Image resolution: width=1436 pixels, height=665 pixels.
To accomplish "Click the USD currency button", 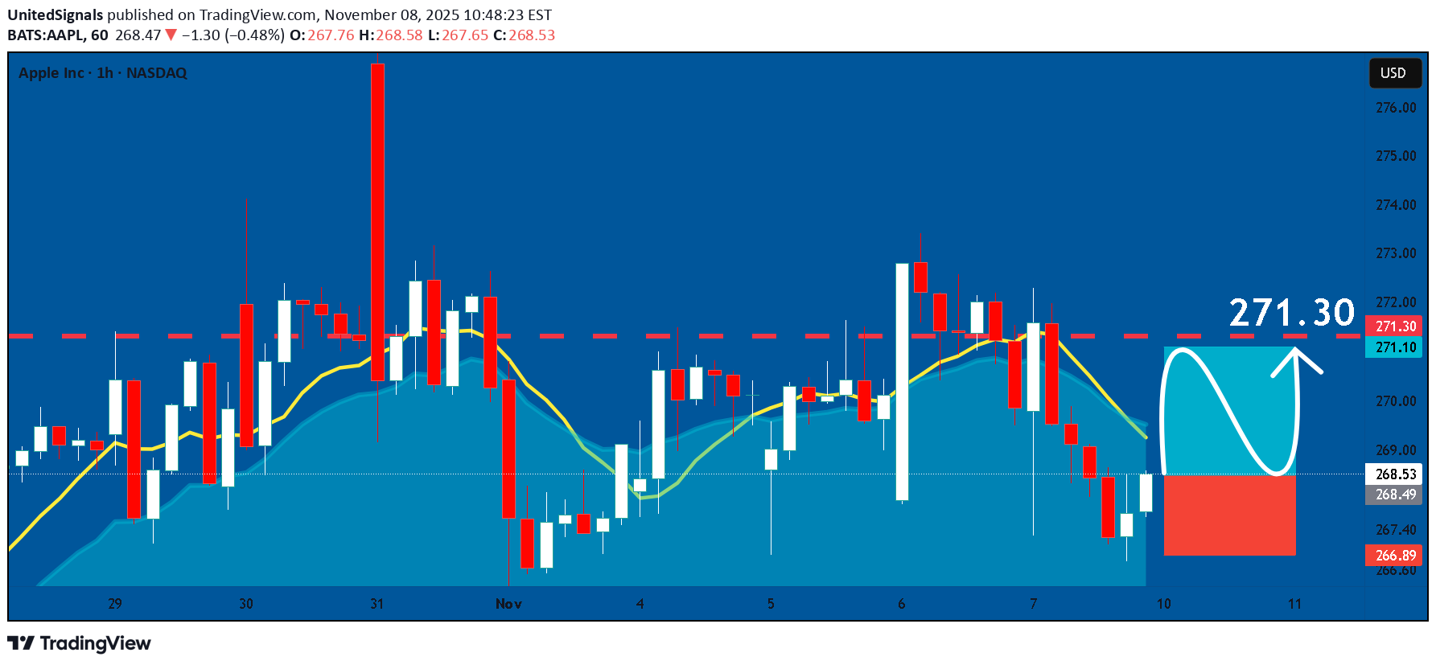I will tap(1393, 73).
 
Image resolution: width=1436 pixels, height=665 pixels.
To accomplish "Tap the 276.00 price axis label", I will tap(1396, 108).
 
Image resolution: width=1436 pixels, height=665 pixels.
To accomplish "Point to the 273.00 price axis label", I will tap(1396, 253).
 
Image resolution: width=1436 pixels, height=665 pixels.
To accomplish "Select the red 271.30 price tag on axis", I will tap(1395, 326).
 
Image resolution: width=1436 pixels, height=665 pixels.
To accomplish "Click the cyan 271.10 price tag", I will tap(1395, 347).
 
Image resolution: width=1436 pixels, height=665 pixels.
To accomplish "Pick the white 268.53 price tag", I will tap(1395, 474).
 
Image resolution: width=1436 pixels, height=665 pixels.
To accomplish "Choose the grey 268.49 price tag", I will tap(1395, 495).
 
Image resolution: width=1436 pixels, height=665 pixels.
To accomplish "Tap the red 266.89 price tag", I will tap(1395, 556).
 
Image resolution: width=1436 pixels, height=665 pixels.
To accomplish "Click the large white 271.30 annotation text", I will tap(1291, 313).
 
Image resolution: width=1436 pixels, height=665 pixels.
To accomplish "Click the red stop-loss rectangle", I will tap(1229, 515).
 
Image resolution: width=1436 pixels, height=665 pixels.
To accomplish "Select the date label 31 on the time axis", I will tap(376, 604).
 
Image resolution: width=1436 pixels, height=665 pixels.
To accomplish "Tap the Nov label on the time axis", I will tap(508, 604).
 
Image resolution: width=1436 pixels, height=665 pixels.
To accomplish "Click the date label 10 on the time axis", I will tap(1163, 604).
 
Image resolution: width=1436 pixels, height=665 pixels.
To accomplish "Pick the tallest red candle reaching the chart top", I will tap(377, 221).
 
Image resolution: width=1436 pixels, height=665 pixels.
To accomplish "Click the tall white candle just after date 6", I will tap(903, 382).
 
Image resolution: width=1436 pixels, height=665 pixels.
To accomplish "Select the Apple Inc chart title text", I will tap(102, 73).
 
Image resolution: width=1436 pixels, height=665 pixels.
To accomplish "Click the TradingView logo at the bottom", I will tap(80, 643).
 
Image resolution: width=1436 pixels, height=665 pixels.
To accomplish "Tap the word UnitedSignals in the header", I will tap(56, 15).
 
